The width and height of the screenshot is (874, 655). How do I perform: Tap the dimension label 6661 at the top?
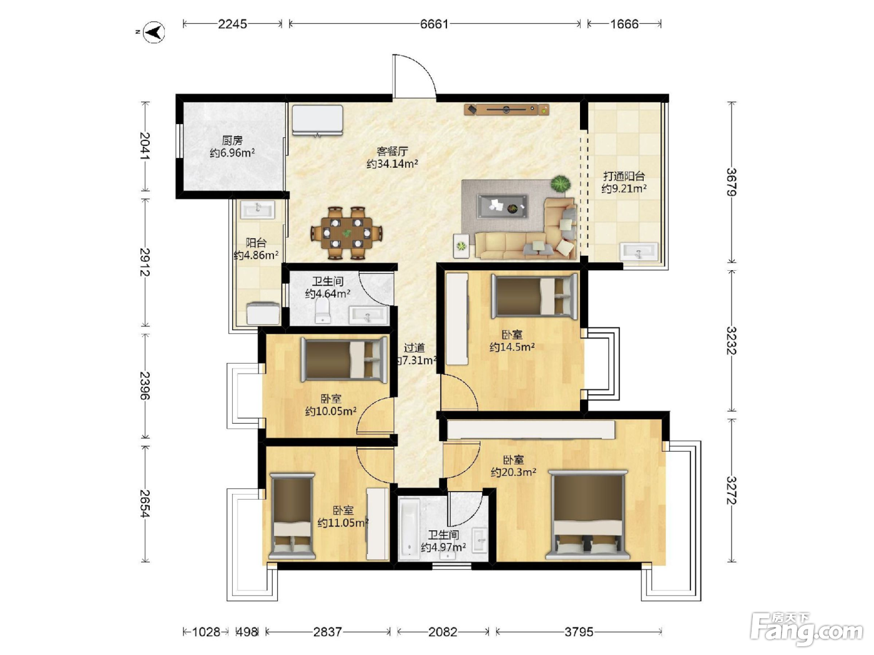click(435, 24)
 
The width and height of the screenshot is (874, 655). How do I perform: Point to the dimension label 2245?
click(232, 24)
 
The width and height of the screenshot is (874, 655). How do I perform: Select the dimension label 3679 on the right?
click(732, 182)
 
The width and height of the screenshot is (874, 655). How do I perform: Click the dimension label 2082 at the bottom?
click(443, 631)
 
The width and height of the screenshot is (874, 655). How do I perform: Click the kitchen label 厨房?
click(232, 140)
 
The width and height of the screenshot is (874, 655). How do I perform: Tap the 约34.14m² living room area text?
click(392, 164)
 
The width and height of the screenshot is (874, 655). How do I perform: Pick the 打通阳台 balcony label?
click(624, 176)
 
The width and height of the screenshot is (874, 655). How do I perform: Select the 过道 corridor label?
click(414, 348)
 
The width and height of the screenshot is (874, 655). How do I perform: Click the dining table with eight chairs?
click(346, 233)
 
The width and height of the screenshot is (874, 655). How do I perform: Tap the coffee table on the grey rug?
click(502, 206)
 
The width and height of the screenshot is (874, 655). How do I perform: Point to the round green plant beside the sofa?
click(561, 184)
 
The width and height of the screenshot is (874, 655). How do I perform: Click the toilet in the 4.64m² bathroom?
click(323, 310)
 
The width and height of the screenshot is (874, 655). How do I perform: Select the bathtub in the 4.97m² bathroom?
click(409, 530)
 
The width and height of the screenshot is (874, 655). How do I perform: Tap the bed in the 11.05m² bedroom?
click(292, 517)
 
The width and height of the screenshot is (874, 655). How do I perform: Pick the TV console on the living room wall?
click(506, 109)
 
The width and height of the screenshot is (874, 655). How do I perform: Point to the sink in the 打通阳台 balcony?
click(639, 251)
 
